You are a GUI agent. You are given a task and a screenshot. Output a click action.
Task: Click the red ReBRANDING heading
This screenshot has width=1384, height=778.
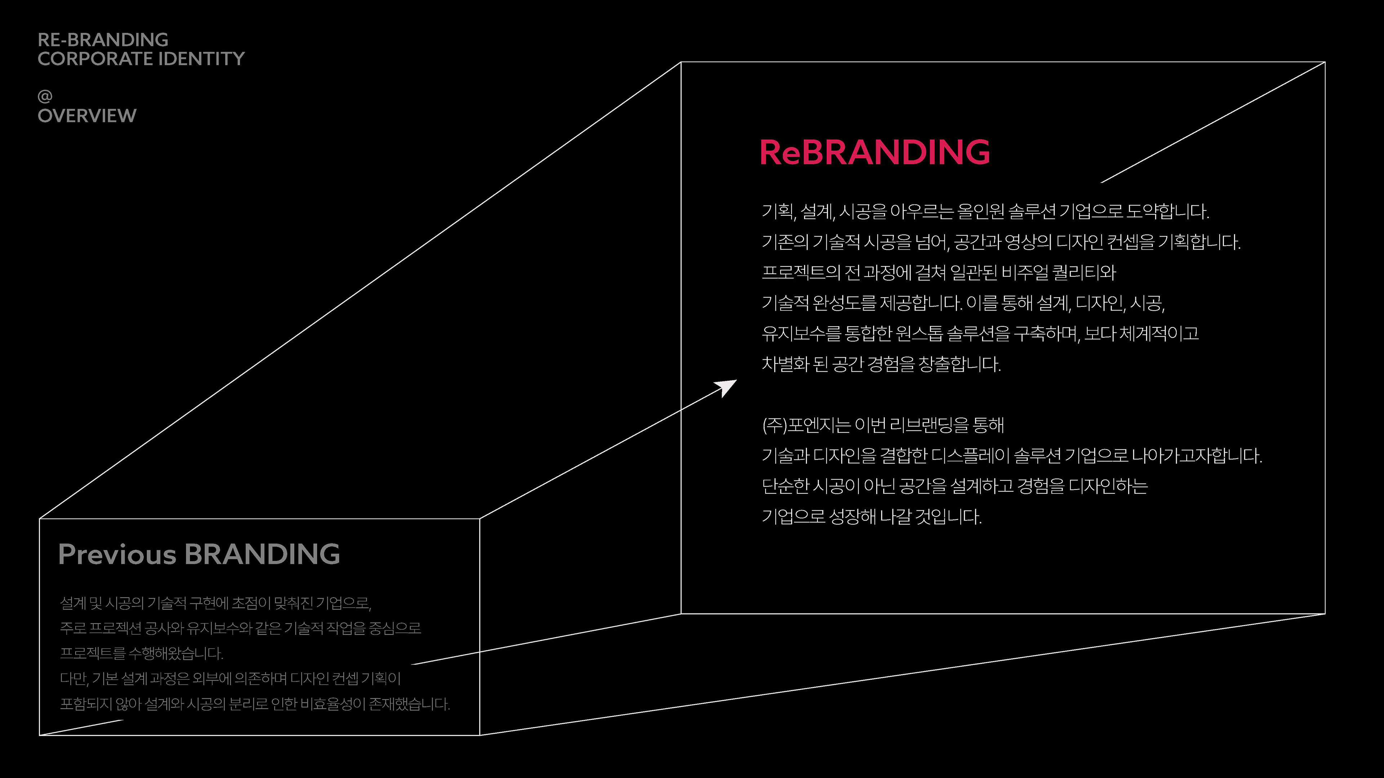[874, 152]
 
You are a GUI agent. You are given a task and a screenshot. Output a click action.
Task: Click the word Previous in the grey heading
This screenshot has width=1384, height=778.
[116, 554]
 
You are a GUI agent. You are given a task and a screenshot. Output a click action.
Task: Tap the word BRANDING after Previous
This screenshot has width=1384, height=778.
[262, 554]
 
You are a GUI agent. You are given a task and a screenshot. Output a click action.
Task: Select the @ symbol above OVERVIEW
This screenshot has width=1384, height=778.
[45, 96]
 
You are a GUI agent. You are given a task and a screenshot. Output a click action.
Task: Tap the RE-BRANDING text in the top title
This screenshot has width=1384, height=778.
[103, 40]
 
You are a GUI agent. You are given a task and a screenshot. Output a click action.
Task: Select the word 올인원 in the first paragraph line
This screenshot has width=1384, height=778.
[980, 211]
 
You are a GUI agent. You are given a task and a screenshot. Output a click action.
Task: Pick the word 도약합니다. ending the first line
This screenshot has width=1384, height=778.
[1167, 211]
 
